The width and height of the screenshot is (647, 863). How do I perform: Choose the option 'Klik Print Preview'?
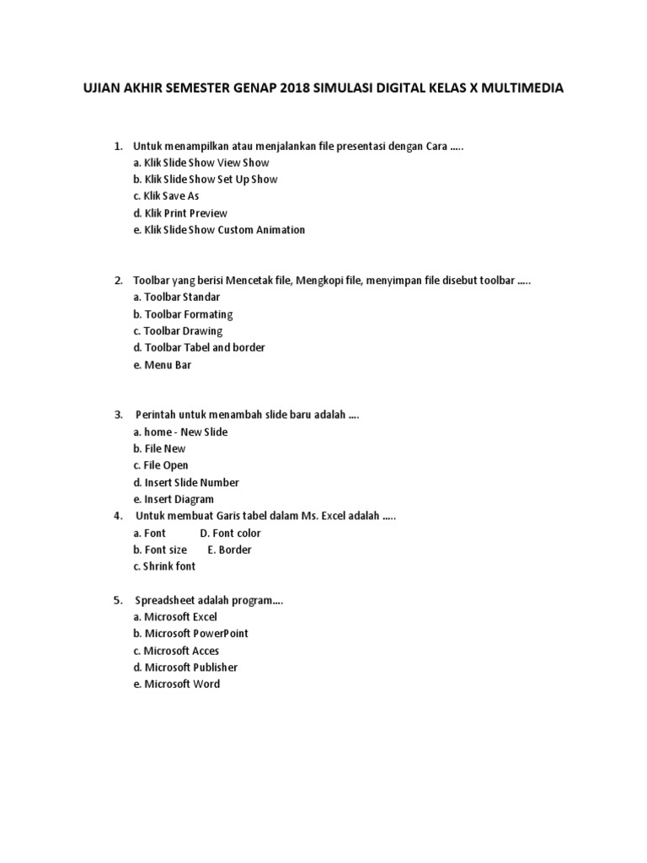coord(180,212)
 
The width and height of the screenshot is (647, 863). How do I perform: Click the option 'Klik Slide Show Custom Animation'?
coord(219,229)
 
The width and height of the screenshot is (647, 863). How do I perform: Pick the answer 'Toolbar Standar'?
coord(177,297)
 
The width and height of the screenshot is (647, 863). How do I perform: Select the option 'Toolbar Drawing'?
coord(178,330)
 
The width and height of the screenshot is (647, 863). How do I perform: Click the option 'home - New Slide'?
coord(180,431)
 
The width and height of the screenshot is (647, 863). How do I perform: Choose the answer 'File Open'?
coord(161,465)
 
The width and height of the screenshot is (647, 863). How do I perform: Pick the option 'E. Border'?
coord(229,549)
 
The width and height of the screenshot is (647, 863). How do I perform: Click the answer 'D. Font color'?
coord(230,533)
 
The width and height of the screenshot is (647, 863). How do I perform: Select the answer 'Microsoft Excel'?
coord(175,617)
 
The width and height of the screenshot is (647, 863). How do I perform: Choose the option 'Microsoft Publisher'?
coord(185,667)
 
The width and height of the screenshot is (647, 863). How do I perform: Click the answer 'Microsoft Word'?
coord(177,684)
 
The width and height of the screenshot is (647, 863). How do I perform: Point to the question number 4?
coord(118,516)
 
